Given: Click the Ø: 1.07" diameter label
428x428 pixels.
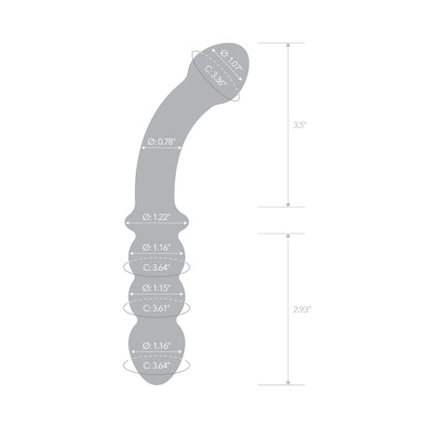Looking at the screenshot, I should pos(228,63).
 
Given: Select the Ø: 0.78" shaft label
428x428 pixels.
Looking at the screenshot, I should pos(163,142).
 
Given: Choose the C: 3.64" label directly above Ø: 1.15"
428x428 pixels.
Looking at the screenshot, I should pos(154,267).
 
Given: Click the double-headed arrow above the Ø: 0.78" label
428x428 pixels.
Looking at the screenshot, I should pos(163,132).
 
